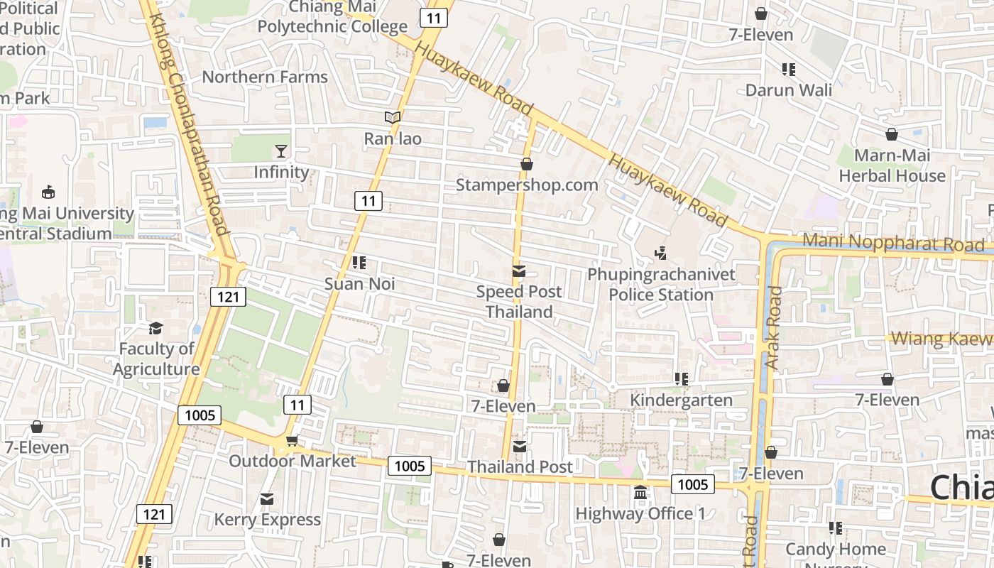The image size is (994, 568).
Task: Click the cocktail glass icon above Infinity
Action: tap(281, 151)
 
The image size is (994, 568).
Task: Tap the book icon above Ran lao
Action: tap(393, 117)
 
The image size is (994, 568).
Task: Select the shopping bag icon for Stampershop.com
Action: tap(527, 164)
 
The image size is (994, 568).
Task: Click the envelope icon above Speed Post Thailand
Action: tap(519, 271)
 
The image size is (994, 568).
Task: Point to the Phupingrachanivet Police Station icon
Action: tap(661, 252)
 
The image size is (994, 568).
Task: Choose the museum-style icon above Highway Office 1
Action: tap(640, 492)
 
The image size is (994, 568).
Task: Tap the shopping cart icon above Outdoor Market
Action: tap(292, 440)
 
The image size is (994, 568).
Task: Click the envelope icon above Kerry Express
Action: tap(267, 499)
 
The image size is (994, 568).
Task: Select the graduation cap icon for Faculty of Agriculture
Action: tap(155, 328)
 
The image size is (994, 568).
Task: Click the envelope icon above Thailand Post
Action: tap(520, 446)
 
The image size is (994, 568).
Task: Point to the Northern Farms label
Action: tap(265, 77)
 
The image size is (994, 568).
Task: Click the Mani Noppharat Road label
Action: tap(893, 243)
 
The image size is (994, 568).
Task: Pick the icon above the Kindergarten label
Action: tap(682, 379)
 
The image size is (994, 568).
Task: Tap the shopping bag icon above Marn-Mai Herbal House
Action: tap(892, 134)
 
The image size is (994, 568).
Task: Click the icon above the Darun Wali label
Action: tap(789, 69)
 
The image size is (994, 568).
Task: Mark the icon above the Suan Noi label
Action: tap(359, 263)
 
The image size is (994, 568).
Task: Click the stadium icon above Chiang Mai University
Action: tap(48, 192)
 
